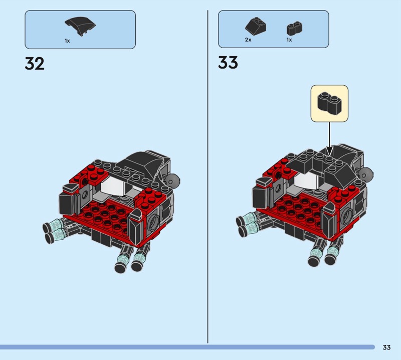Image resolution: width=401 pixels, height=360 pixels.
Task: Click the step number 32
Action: click(x=35, y=64)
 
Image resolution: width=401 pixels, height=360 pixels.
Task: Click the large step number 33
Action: click(x=228, y=63)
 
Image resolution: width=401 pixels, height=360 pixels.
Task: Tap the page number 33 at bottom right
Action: click(x=386, y=347)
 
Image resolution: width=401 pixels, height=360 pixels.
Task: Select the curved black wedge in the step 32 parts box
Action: click(x=80, y=26)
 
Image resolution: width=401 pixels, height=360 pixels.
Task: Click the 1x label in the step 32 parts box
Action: click(x=67, y=41)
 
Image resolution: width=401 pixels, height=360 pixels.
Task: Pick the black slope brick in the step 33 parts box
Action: click(x=256, y=26)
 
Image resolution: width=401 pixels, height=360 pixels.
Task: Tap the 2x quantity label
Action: click(x=248, y=40)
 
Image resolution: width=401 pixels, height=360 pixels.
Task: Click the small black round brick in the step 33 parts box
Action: click(x=294, y=28)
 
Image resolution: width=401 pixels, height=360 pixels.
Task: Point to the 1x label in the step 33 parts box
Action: click(x=289, y=40)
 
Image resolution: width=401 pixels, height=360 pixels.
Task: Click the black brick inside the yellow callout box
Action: click(x=329, y=103)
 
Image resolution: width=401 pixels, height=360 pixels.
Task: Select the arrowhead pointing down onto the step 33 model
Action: click(x=329, y=151)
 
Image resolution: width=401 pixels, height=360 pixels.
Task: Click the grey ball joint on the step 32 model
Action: click(x=173, y=180)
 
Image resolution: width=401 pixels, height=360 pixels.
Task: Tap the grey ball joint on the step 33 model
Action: click(x=366, y=174)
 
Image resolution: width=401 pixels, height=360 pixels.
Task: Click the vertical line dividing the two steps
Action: click(x=208, y=176)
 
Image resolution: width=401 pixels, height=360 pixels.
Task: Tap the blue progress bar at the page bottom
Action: click(x=187, y=347)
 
